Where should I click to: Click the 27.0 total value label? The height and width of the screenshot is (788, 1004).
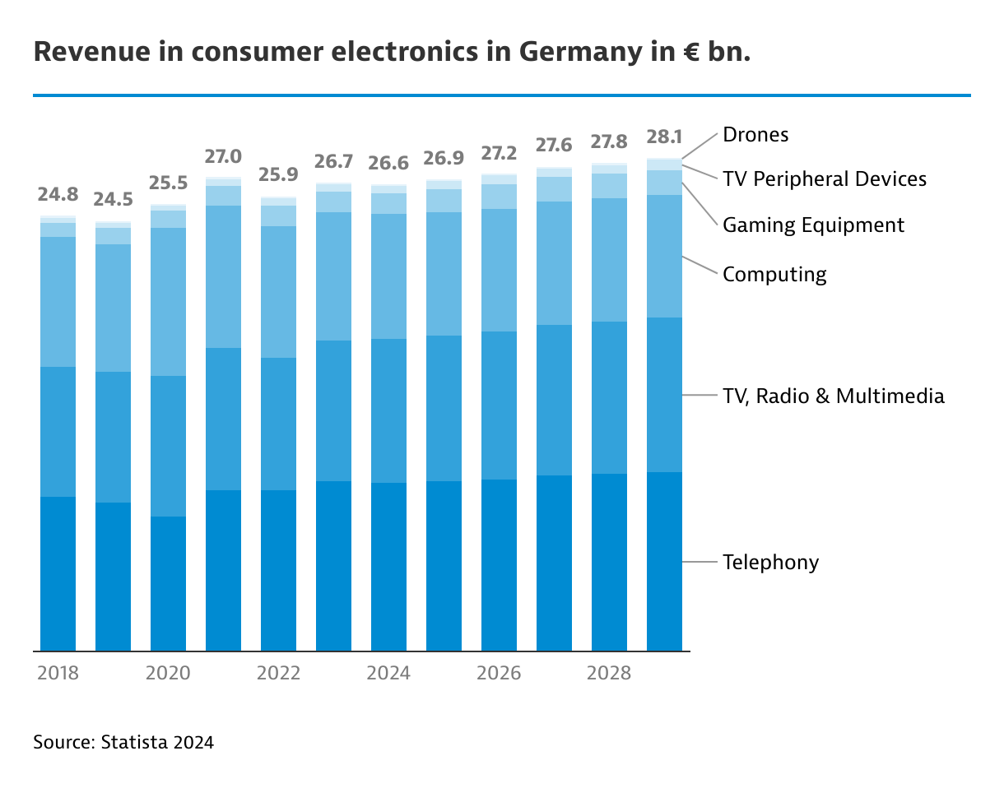[x=223, y=156]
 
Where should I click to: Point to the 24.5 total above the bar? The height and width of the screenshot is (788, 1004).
[x=113, y=200]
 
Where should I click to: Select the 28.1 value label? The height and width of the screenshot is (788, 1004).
[x=664, y=137]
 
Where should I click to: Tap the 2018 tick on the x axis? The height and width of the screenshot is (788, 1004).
[x=58, y=673]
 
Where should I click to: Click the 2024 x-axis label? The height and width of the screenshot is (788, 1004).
[x=388, y=673]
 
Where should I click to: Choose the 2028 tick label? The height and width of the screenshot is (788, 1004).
[x=609, y=673]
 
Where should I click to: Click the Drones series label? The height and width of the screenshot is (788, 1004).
[x=755, y=135]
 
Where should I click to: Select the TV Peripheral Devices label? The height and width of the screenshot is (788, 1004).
[x=824, y=178]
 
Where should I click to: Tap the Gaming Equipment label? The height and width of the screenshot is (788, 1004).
[x=813, y=225]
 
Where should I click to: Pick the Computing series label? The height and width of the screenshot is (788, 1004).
[x=774, y=274]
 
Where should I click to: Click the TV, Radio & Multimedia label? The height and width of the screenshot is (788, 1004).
[x=833, y=396]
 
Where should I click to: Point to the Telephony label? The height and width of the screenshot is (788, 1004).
[x=770, y=562]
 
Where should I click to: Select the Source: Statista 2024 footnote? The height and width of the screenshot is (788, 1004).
[x=123, y=742]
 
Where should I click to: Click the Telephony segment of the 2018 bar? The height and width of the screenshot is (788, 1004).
[x=58, y=573]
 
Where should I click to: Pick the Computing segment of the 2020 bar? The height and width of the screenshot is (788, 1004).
[x=168, y=301]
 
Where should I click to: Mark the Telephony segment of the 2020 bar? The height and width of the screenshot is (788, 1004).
[x=168, y=583]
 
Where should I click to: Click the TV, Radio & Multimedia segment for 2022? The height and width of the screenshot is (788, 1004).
[x=278, y=424]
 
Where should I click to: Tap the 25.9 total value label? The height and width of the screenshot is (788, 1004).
[x=278, y=175]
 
